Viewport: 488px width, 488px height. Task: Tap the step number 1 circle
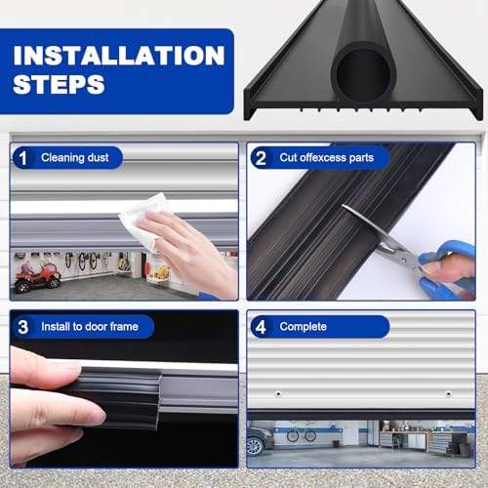[x=24, y=158]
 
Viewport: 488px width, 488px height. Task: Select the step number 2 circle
[x=262, y=158]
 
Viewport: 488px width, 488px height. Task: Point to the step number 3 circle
[x=24, y=326]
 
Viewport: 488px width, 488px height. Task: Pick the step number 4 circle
[x=262, y=326]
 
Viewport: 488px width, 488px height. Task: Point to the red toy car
[x=36, y=275]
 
